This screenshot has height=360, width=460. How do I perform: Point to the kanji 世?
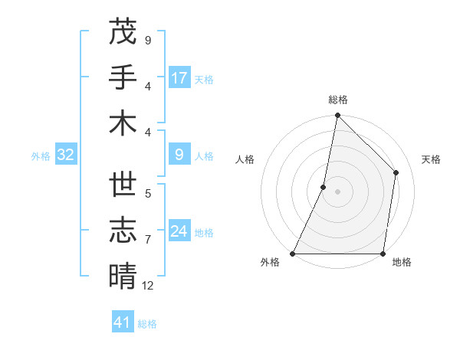click(x=123, y=185)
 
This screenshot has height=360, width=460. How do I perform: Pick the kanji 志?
click(x=123, y=231)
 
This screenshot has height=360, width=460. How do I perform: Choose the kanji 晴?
click(x=123, y=276)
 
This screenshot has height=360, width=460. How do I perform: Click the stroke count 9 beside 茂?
click(x=147, y=40)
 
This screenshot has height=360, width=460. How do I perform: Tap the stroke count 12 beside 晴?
click(x=148, y=286)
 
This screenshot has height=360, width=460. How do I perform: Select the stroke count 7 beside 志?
click(x=147, y=240)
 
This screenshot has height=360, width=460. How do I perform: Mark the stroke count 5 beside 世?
click(x=147, y=194)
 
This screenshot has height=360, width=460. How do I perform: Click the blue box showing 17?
click(x=179, y=77)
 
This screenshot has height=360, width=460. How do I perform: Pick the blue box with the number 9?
click(x=179, y=155)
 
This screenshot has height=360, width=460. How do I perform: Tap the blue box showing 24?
click(x=179, y=231)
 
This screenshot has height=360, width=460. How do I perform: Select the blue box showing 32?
click(x=65, y=155)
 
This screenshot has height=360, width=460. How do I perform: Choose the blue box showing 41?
click(x=123, y=322)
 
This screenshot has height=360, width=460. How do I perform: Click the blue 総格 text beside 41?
click(x=147, y=324)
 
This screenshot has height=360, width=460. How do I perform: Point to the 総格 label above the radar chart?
click(x=337, y=100)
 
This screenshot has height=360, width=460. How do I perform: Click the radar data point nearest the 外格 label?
click(x=293, y=254)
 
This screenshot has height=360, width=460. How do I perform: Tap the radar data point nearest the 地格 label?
click(x=383, y=254)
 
